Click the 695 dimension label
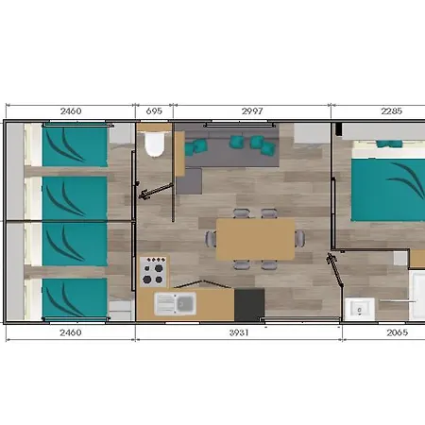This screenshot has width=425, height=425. (x=154, y=111)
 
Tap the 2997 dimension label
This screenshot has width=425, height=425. (x=252, y=111)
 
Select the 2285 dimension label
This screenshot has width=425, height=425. (x=391, y=111)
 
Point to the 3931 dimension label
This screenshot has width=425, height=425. (x=239, y=332)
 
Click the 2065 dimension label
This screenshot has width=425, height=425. (x=397, y=332)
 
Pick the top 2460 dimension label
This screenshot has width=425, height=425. (x=71, y=111)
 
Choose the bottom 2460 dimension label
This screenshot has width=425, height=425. (x=71, y=332)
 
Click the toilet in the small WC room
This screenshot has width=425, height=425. (x=154, y=144)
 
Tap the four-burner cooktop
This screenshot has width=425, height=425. (x=153, y=271)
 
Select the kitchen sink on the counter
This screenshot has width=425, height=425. (x=175, y=303)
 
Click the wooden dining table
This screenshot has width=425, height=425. (x=255, y=239)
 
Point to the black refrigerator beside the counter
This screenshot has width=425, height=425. (x=249, y=304)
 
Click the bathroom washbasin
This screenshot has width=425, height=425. (x=360, y=309)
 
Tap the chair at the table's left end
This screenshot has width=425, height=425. (x=211, y=239)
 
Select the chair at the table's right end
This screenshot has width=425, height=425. (x=299, y=238)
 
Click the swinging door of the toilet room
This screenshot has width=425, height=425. (x=156, y=191)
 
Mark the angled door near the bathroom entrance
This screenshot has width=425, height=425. (x=334, y=269)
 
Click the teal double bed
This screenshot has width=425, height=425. (x=388, y=190)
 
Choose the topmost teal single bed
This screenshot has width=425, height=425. (x=75, y=146)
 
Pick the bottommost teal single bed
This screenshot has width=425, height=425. (x=75, y=297)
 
